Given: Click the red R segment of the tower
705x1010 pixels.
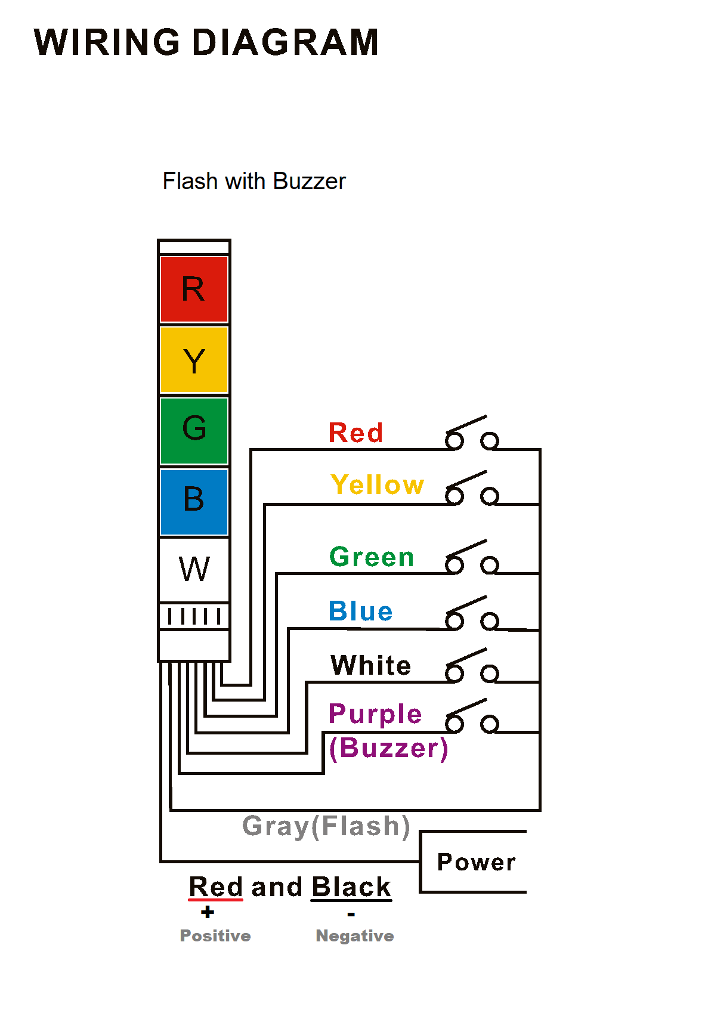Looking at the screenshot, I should coord(194,289).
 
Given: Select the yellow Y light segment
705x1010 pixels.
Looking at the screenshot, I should coord(194,360).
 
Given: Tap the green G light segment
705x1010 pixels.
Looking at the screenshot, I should coord(194,430).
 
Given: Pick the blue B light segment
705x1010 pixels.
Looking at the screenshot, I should coord(194,501).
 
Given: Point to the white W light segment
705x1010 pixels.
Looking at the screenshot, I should coord(194,569).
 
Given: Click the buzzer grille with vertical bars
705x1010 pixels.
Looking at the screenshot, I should coord(194,616).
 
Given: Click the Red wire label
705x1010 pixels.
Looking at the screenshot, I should coord(355,433).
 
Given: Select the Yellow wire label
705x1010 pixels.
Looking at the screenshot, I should coord(377,484).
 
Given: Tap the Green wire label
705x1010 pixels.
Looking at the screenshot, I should coord(372,557).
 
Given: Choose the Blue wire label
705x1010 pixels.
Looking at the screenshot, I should coord(360,611).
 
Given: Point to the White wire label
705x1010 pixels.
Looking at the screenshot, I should coord(371,665).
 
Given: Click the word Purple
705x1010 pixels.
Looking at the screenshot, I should coord(375,714).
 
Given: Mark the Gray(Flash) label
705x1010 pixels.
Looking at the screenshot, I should coord(326,826).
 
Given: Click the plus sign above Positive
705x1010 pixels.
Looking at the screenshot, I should coord(208,912).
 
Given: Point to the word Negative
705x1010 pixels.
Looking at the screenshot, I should coord(354,935).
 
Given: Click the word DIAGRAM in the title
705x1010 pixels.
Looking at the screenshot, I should coord(285,42).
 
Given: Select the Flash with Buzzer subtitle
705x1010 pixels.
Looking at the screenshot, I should coord(254,181).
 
